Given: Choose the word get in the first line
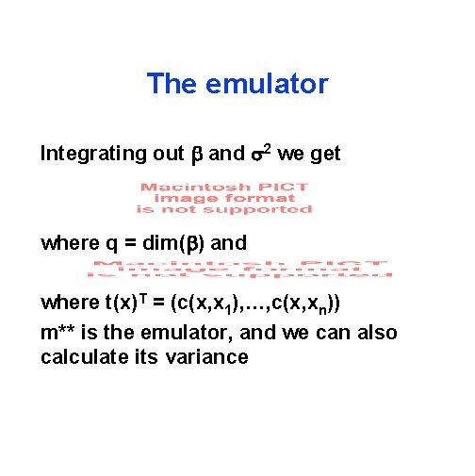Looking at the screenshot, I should [x=323, y=155].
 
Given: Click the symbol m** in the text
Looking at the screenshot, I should [x=61, y=332].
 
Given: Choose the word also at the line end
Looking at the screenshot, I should [x=374, y=332].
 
